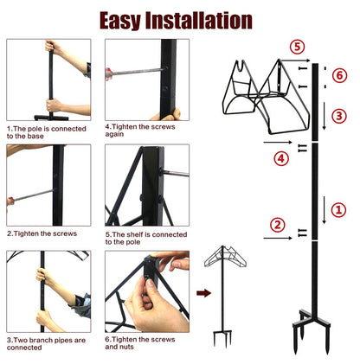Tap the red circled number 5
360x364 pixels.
[297, 47]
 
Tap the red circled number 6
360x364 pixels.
[338, 75]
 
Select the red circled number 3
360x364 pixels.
[338, 115]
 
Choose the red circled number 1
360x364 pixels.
[338, 208]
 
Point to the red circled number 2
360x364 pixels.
[277, 225]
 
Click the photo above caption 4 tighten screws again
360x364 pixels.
[146, 80]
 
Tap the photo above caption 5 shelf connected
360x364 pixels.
[146, 185]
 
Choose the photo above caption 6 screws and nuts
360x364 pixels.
[146, 291]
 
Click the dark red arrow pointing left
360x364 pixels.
[204, 293]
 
